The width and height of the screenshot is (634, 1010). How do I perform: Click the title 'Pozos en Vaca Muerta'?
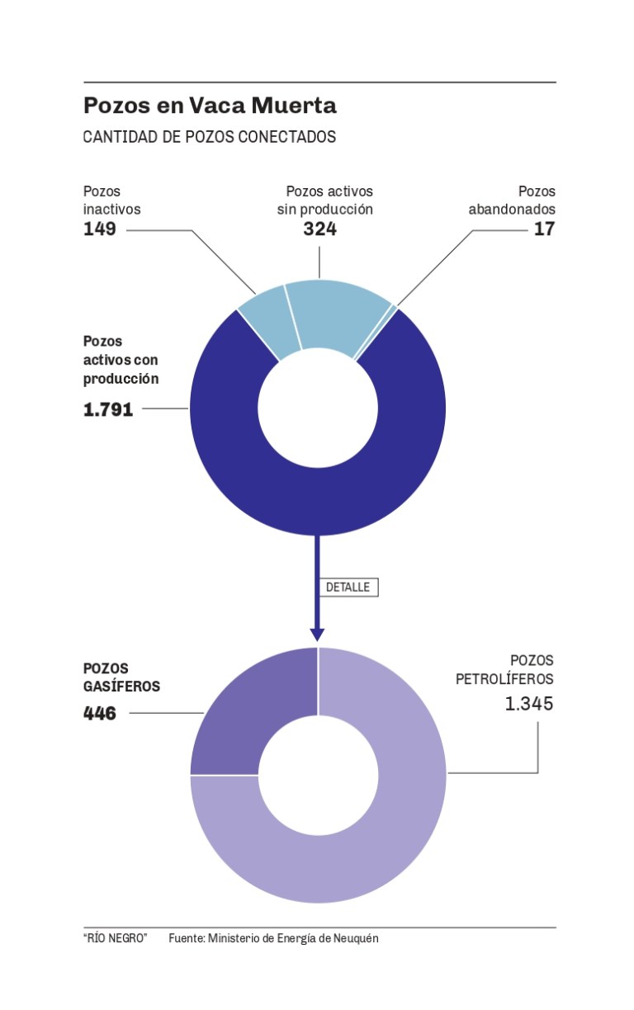coord(210,106)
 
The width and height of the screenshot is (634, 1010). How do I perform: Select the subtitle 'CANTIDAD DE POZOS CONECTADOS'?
coord(210,137)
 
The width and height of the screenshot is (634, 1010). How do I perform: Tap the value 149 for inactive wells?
coord(100,229)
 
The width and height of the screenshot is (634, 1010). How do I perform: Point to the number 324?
coord(319,229)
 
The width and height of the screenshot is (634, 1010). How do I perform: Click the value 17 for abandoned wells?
coord(544,229)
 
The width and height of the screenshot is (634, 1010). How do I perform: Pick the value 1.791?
coord(108,408)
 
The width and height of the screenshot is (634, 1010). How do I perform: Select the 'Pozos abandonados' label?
coord(512,201)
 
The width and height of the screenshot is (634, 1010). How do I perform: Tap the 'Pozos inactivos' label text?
coord(111,201)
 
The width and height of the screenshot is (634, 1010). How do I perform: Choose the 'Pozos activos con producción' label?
coord(121,360)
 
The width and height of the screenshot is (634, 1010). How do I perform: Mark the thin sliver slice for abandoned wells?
coord(394,309)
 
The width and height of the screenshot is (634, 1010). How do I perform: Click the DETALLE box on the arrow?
coord(348,588)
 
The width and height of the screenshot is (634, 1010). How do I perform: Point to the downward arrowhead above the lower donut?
coord(317,635)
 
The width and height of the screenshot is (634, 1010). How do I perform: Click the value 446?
coord(100,713)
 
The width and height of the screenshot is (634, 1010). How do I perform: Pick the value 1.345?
coord(529,704)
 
